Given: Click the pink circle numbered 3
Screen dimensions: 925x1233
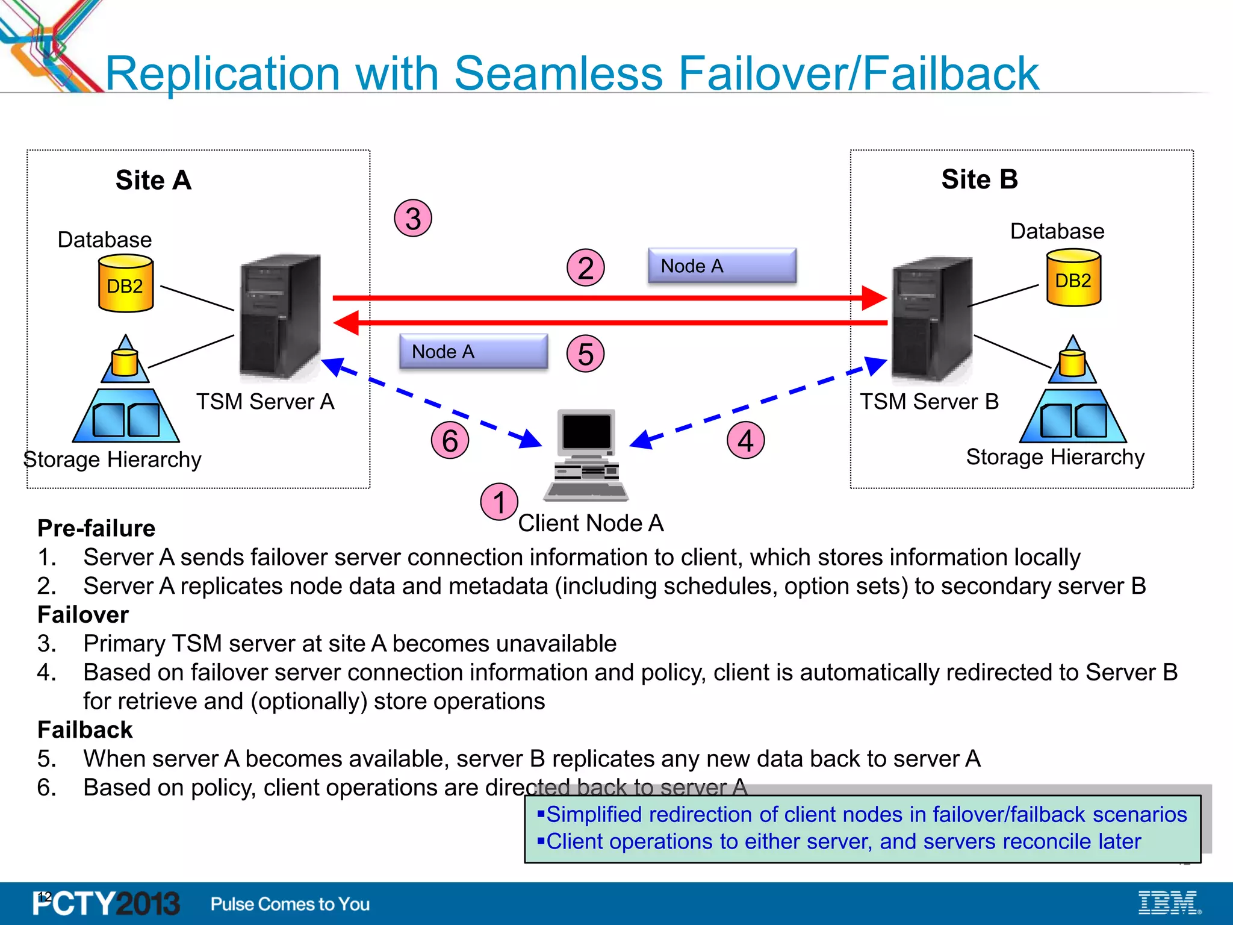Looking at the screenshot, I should pyautogui.click(x=413, y=218).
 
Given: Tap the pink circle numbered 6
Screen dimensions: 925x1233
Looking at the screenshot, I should pyautogui.click(x=450, y=440).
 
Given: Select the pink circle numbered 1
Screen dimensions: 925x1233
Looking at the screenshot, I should pyautogui.click(x=499, y=502).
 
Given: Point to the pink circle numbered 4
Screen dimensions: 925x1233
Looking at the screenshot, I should pyautogui.click(x=745, y=440).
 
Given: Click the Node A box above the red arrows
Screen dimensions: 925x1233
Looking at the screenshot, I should pyautogui.click(x=722, y=266).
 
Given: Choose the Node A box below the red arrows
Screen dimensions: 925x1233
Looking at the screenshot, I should pyautogui.click(x=473, y=351).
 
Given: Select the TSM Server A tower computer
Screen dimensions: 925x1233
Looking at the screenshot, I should pyautogui.click(x=280, y=316).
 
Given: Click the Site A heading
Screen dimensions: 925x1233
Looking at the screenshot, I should pyautogui.click(x=154, y=180).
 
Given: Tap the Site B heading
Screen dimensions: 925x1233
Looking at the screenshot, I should pyautogui.click(x=980, y=179).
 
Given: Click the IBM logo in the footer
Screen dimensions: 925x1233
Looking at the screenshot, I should pyautogui.click(x=1169, y=903).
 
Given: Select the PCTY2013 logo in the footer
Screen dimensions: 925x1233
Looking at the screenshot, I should pyautogui.click(x=106, y=903).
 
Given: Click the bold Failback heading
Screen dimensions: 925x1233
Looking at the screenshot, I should pyautogui.click(x=85, y=730).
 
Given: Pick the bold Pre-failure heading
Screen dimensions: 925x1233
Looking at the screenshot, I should pyautogui.click(x=96, y=528).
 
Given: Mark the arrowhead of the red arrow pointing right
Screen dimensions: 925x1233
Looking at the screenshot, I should pyautogui.click(x=874, y=298).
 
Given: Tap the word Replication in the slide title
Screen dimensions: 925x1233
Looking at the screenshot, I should pyautogui.click(x=223, y=73).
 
